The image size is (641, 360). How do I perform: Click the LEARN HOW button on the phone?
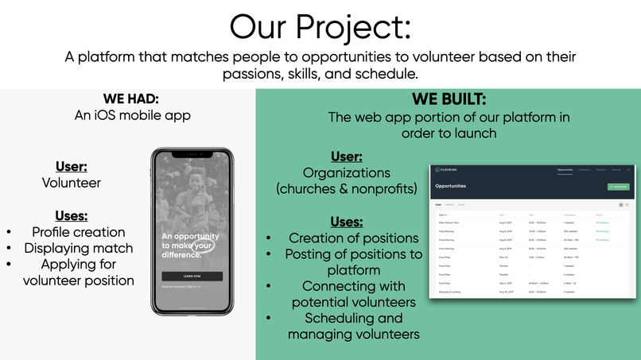192,276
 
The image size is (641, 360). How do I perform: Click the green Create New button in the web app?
617,187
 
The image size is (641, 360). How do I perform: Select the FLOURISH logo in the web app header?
445,169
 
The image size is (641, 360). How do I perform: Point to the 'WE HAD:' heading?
131,99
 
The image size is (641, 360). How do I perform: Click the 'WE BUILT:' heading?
449,100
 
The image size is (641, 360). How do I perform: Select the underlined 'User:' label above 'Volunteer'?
72,167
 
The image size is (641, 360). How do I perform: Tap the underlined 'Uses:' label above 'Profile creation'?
72,215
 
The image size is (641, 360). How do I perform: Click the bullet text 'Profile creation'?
78,232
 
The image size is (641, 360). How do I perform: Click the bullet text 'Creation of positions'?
353,238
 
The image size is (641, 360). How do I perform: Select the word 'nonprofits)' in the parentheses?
378,189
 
